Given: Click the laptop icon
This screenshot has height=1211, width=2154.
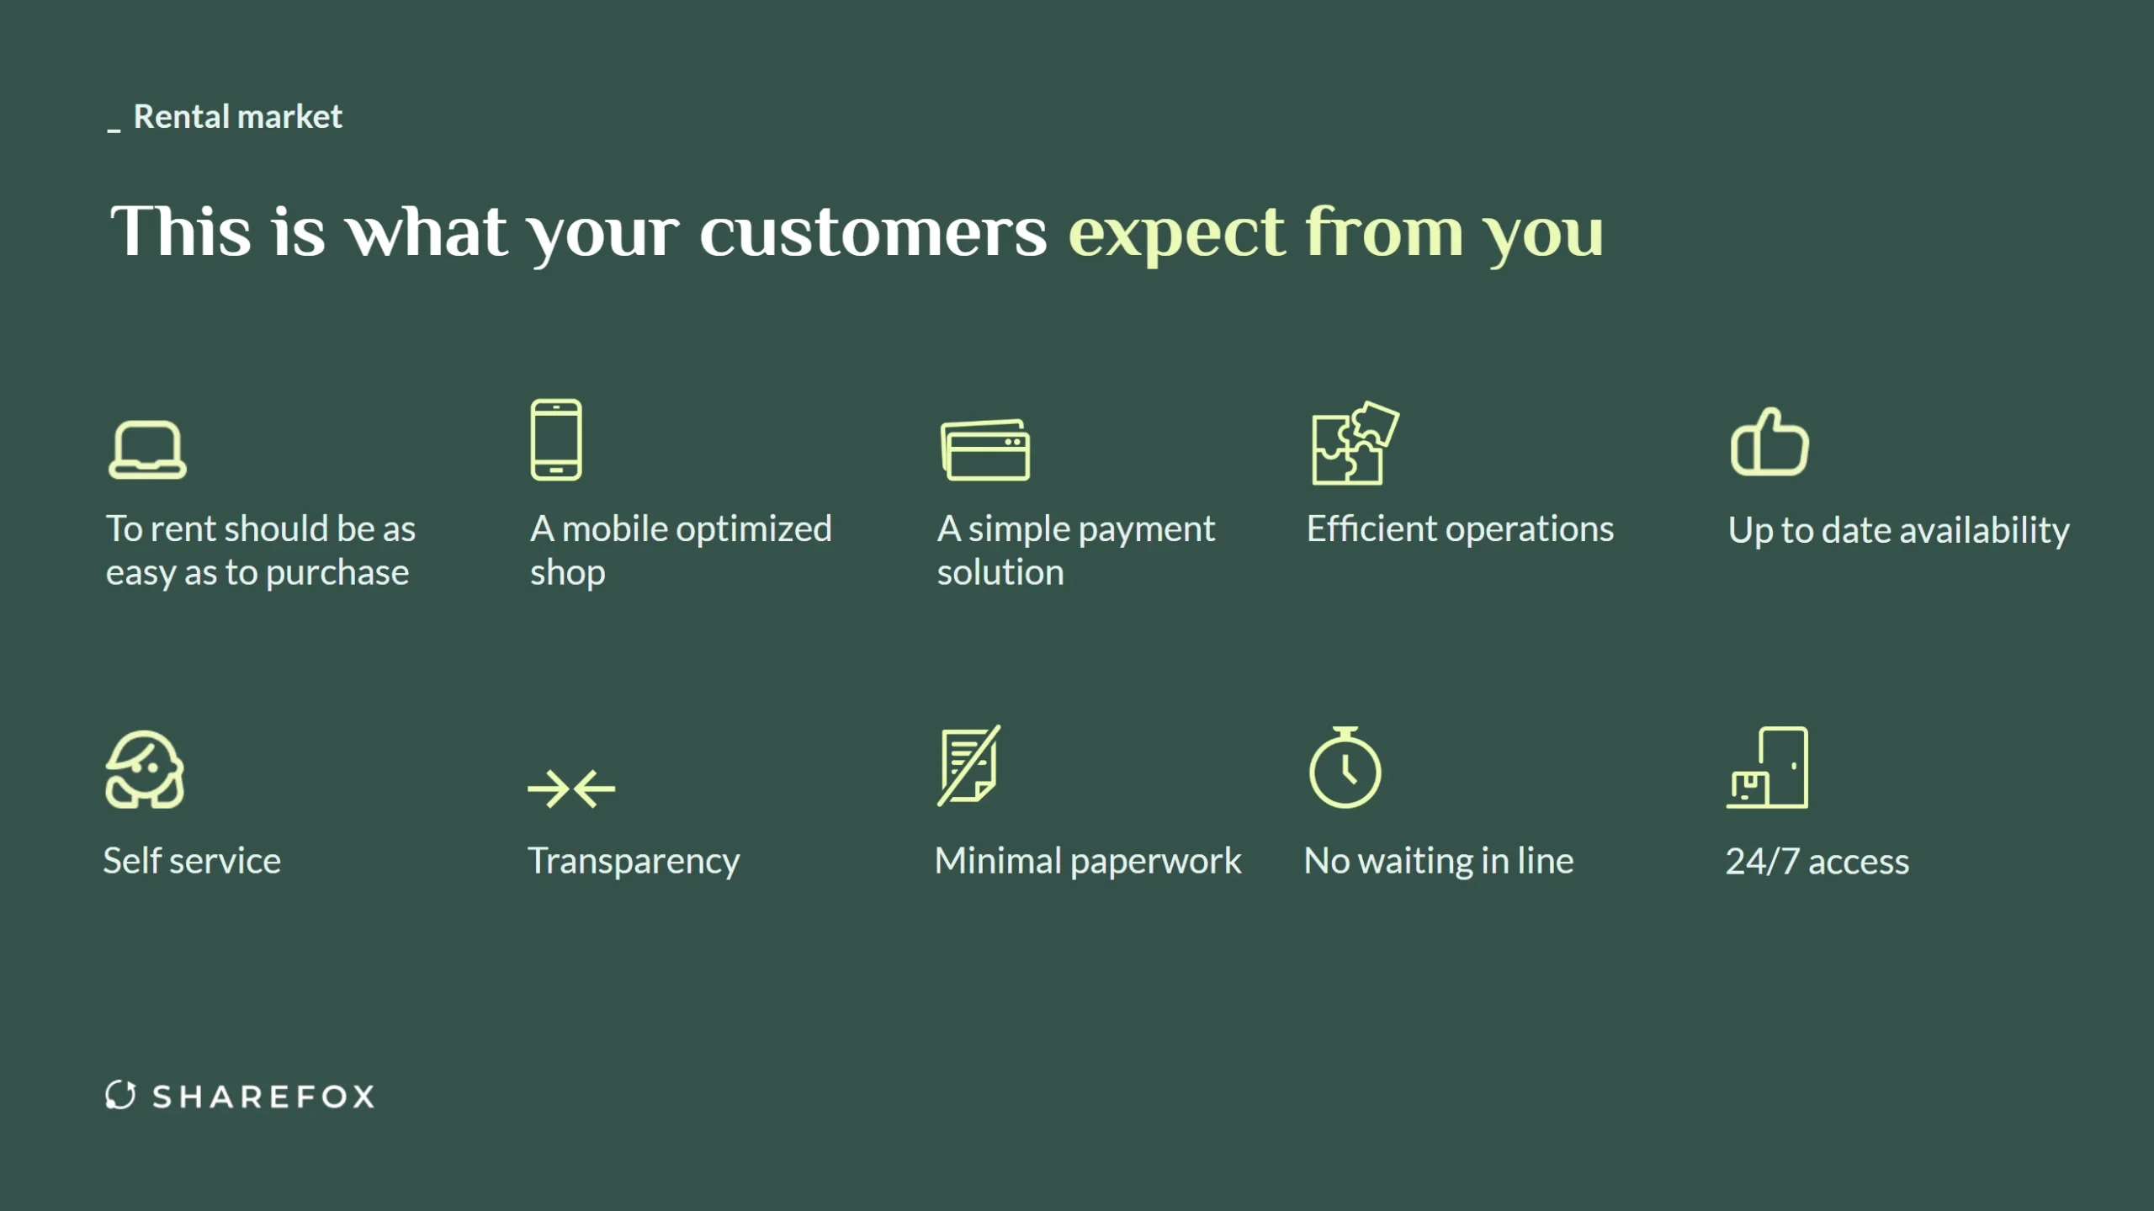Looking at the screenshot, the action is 147,450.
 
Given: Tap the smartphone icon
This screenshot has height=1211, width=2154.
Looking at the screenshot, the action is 556,439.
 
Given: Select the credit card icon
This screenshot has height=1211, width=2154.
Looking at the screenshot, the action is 985,450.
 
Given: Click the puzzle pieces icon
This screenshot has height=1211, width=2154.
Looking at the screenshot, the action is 1355,443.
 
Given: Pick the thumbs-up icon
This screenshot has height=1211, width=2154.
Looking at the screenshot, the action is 1769,442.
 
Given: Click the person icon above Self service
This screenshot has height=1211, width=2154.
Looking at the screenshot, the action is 145,769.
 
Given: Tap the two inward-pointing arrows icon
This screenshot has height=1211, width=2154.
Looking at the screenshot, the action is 571,789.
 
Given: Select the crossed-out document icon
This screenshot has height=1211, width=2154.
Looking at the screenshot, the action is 969,765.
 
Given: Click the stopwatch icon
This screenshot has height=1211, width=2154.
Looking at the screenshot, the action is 1345,767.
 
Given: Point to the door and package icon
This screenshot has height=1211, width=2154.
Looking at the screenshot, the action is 1767,767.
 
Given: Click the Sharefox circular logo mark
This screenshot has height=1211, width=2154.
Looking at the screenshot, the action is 120,1095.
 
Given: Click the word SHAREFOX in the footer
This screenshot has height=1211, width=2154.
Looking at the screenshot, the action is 263,1097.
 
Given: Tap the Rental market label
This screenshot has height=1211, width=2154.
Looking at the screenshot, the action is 238,116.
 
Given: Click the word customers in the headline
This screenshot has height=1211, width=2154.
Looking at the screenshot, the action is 873,232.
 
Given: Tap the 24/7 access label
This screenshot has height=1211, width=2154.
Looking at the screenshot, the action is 1817,862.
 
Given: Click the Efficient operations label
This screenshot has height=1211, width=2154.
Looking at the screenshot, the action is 1460,529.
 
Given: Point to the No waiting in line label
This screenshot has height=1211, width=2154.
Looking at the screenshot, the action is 1439,861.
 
